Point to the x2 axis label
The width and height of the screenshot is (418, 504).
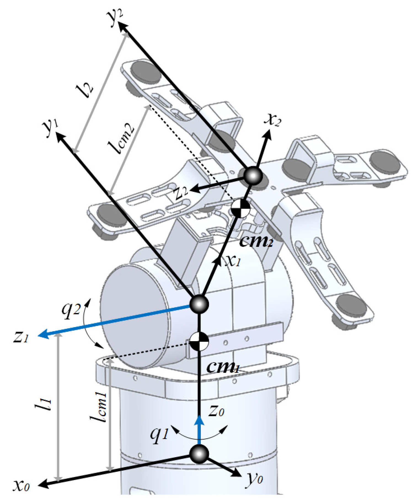pyautogui.click(x=272, y=119)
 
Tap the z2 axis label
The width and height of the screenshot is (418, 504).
pyautogui.click(x=182, y=192)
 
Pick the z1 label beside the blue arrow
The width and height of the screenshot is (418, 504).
pyautogui.click(x=21, y=337)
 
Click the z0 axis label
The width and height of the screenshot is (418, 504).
pyautogui.click(x=216, y=410)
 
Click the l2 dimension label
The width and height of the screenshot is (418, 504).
pyautogui.click(x=85, y=90)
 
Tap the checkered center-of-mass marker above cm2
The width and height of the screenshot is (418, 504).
pyautogui.click(x=240, y=209)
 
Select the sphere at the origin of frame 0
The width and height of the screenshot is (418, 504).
pyautogui.click(x=199, y=454)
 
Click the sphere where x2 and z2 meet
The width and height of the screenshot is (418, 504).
pyautogui.click(x=253, y=176)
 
